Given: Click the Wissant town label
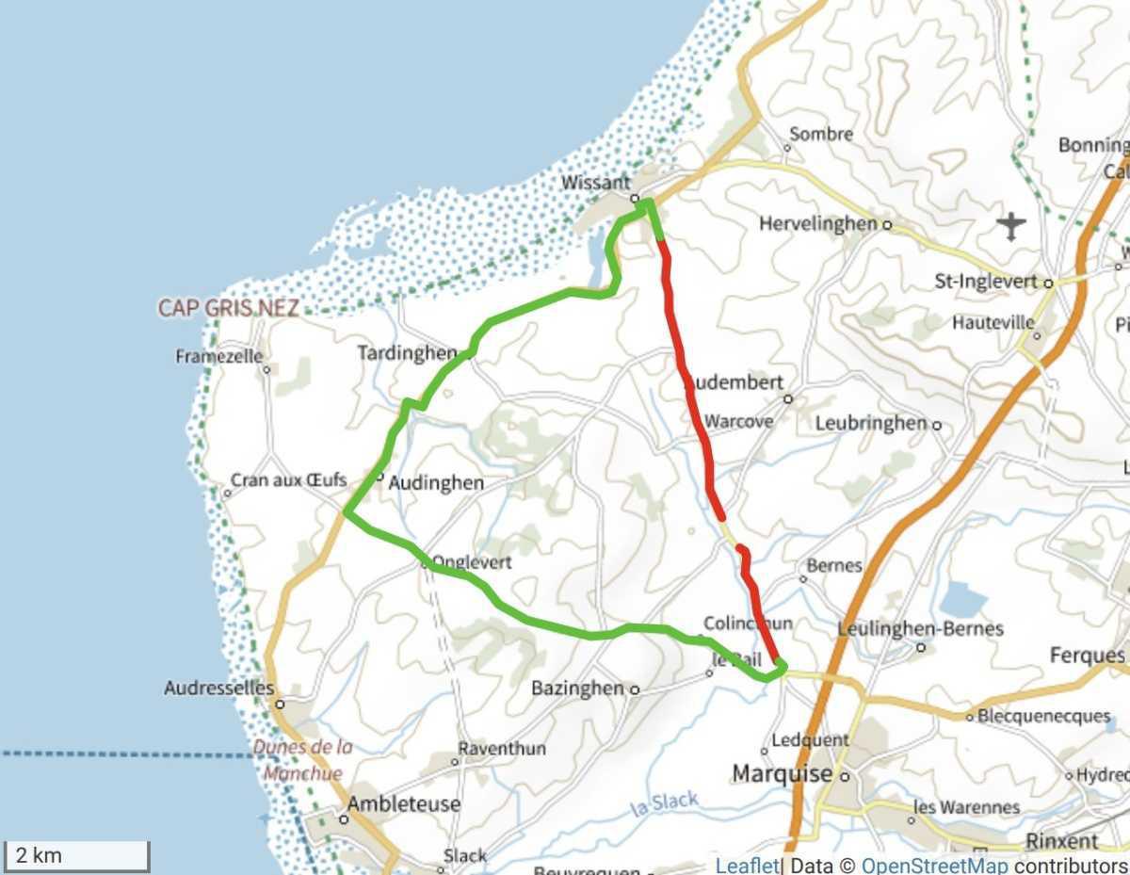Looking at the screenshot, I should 595,183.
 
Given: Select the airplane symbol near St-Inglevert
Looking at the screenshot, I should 1010,226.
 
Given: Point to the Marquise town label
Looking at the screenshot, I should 783,774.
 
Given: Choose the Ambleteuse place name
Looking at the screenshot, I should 403,804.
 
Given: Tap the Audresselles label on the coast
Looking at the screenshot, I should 218,689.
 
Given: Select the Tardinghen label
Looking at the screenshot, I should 407,353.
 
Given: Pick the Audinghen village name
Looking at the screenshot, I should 436,483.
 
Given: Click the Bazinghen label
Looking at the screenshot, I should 577,689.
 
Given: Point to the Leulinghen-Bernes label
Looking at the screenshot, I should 920,629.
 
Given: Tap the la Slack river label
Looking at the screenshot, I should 665,803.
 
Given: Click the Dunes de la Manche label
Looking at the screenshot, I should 303,760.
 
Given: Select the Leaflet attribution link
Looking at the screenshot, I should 747,866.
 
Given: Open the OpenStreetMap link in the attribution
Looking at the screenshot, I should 934,866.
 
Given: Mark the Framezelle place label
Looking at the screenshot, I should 218,357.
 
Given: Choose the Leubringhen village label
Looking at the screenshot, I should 871,423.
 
